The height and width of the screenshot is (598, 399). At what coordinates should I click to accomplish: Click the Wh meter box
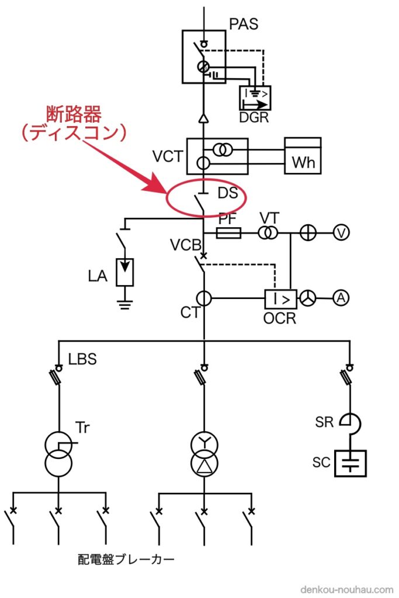(303, 156)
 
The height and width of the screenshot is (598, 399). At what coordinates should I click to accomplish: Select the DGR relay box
(255, 98)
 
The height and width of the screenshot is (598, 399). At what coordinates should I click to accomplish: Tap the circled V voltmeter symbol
(341, 233)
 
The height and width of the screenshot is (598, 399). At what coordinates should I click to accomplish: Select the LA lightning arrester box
(124, 272)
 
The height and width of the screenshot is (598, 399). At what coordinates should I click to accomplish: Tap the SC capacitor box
(351, 463)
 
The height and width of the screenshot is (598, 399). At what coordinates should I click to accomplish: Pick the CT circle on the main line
(203, 298)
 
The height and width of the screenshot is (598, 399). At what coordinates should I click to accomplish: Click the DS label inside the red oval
(228, 192)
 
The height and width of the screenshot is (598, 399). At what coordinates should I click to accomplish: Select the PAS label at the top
(244, 25)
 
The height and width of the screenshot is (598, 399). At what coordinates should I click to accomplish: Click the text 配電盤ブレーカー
(126, 559)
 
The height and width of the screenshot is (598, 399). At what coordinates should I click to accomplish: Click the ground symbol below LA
(124, 304)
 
